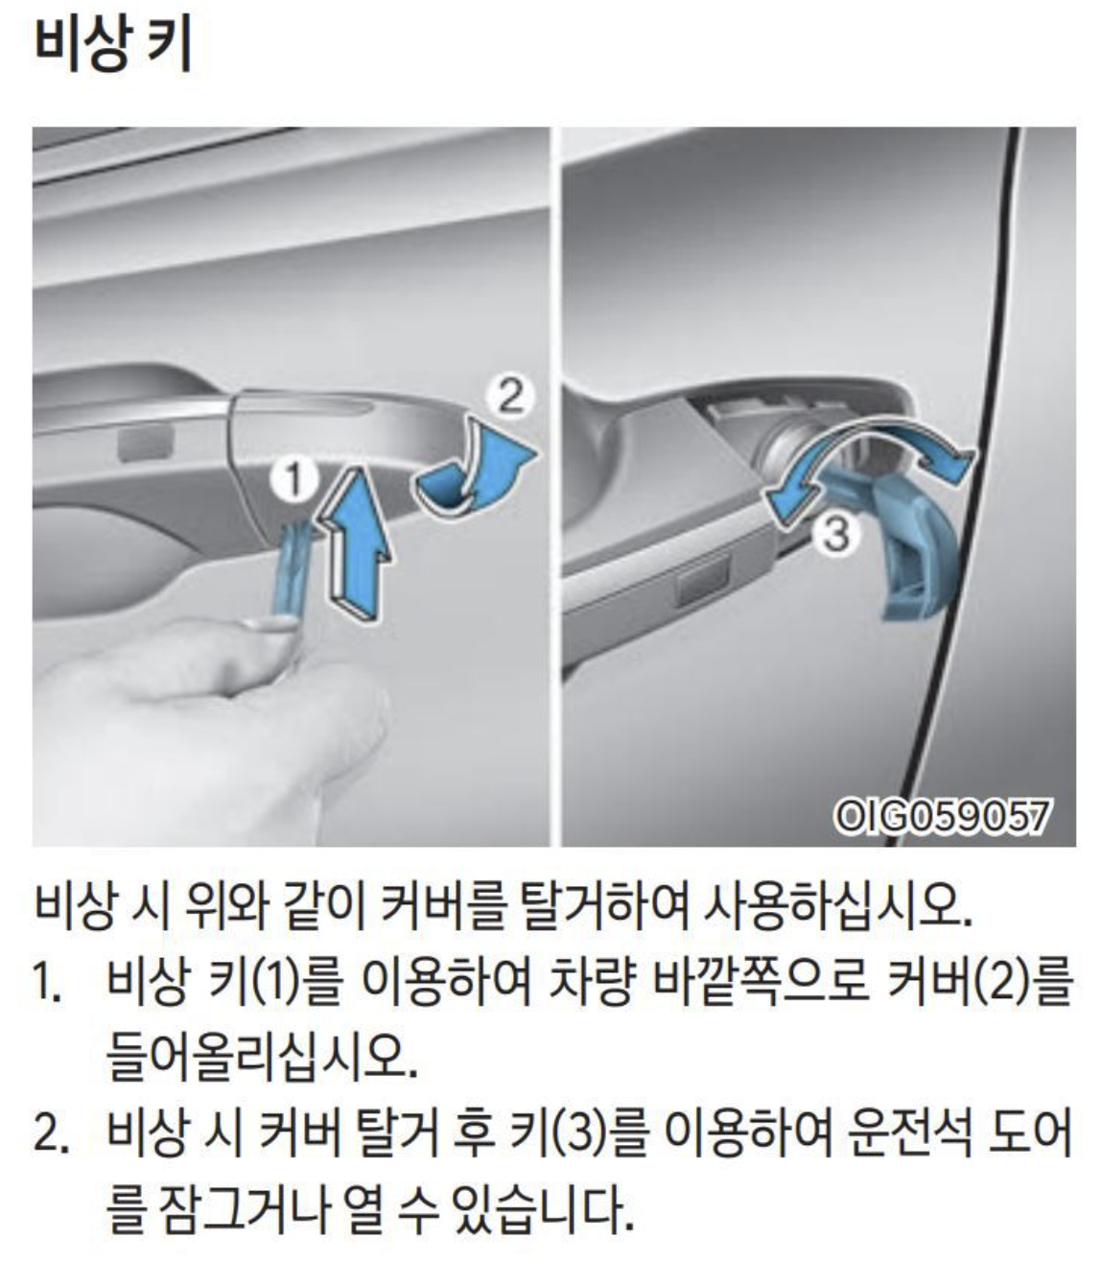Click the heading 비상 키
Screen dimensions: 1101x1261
coord(113,45)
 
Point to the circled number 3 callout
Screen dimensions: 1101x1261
coord(836,534)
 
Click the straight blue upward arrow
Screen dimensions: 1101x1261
coord(356,543)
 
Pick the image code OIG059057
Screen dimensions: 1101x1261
coord(941,818)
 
